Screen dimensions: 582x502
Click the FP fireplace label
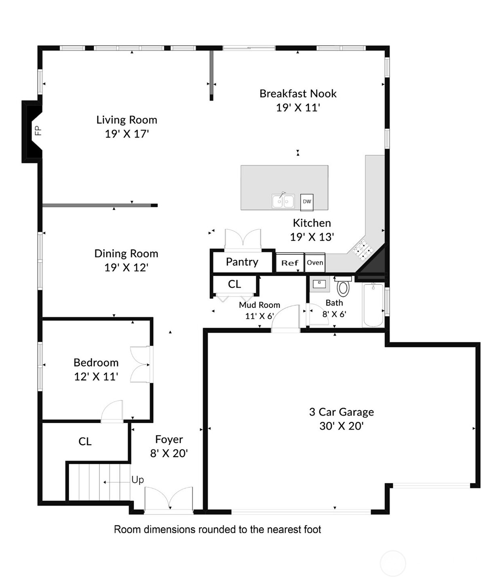(x=38, y=131)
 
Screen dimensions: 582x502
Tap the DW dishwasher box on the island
(x=307, y=202)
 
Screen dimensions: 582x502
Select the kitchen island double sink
(x=283, y=201)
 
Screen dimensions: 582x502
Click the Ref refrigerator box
(x=290, y=263)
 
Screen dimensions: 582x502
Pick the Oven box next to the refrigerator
(x=315, y=262)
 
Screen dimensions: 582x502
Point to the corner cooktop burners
(x=362, y=250)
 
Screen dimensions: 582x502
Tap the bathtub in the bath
(x=373, y=305)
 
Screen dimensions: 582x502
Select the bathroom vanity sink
(x=319, y=284)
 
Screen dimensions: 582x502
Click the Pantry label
(x=242, y=262)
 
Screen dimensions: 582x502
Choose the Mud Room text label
(x=259, y=305)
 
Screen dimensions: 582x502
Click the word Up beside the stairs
(x=137, y=480)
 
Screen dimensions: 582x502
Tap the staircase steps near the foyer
(x=99, y=482)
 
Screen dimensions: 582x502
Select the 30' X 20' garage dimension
(x=342, y=426)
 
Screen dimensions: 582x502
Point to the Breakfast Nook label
(x=298, y=94)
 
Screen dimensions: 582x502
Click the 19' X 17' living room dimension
(x=127, y=134)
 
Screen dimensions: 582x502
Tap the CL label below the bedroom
(x=85, y=442)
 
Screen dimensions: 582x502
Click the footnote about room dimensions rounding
(x=217, y=529)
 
